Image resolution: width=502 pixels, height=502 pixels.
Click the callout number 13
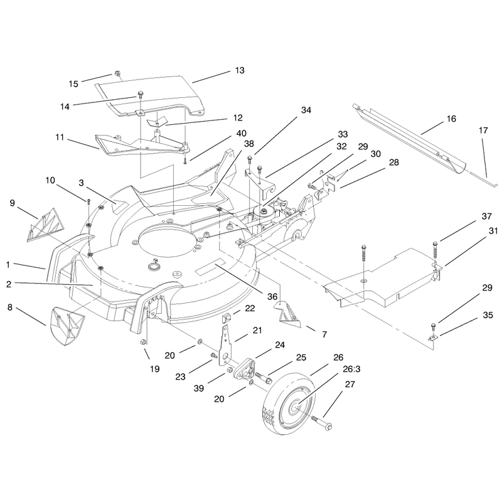tap(240, 70)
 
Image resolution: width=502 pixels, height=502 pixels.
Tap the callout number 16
tap(451, 119)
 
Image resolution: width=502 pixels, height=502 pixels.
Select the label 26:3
tap(351, 369)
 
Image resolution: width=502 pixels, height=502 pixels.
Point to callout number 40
tap(241, 133)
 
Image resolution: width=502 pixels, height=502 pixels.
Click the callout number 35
tap(488, 315)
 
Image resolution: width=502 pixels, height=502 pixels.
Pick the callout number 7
tap(324, 334)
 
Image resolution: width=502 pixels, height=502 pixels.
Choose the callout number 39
tap(199, 388)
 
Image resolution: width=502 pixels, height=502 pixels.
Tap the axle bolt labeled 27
tap(321, 422)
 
